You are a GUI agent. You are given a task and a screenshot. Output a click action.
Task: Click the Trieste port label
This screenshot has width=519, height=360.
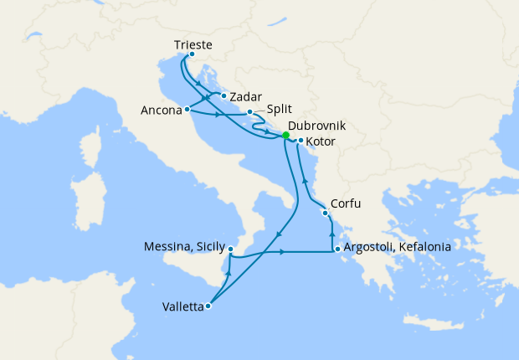coord(193,44)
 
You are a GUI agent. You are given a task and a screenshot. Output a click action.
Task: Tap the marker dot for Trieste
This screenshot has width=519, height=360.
coord(192,55)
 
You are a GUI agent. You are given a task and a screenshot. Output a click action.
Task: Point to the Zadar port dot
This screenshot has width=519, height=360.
coord(224,95)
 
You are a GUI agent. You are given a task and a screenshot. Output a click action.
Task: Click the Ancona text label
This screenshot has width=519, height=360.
coord(162,110)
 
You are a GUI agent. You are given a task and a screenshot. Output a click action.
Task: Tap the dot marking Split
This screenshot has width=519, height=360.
coord(249,111)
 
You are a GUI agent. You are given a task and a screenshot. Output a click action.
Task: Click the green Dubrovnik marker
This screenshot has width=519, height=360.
coord(285,135)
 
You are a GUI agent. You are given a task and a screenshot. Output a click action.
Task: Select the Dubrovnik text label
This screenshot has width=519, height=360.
coord(316,126)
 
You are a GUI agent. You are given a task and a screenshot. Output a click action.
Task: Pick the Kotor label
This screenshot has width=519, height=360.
coord(321,141)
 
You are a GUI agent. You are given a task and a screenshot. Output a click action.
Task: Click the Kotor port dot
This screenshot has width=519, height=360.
coord(300,141)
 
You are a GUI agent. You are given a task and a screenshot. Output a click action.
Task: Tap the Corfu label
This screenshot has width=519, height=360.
coord(346,203)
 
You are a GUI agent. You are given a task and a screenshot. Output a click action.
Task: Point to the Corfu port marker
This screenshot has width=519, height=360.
coord(325,213)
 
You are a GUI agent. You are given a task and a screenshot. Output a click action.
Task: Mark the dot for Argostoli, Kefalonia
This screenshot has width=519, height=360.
coord(337,249)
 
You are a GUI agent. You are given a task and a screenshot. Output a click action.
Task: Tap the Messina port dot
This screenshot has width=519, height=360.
coord(230,249)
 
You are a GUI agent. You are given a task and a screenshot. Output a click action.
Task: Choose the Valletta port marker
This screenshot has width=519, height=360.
coord(208,306)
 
